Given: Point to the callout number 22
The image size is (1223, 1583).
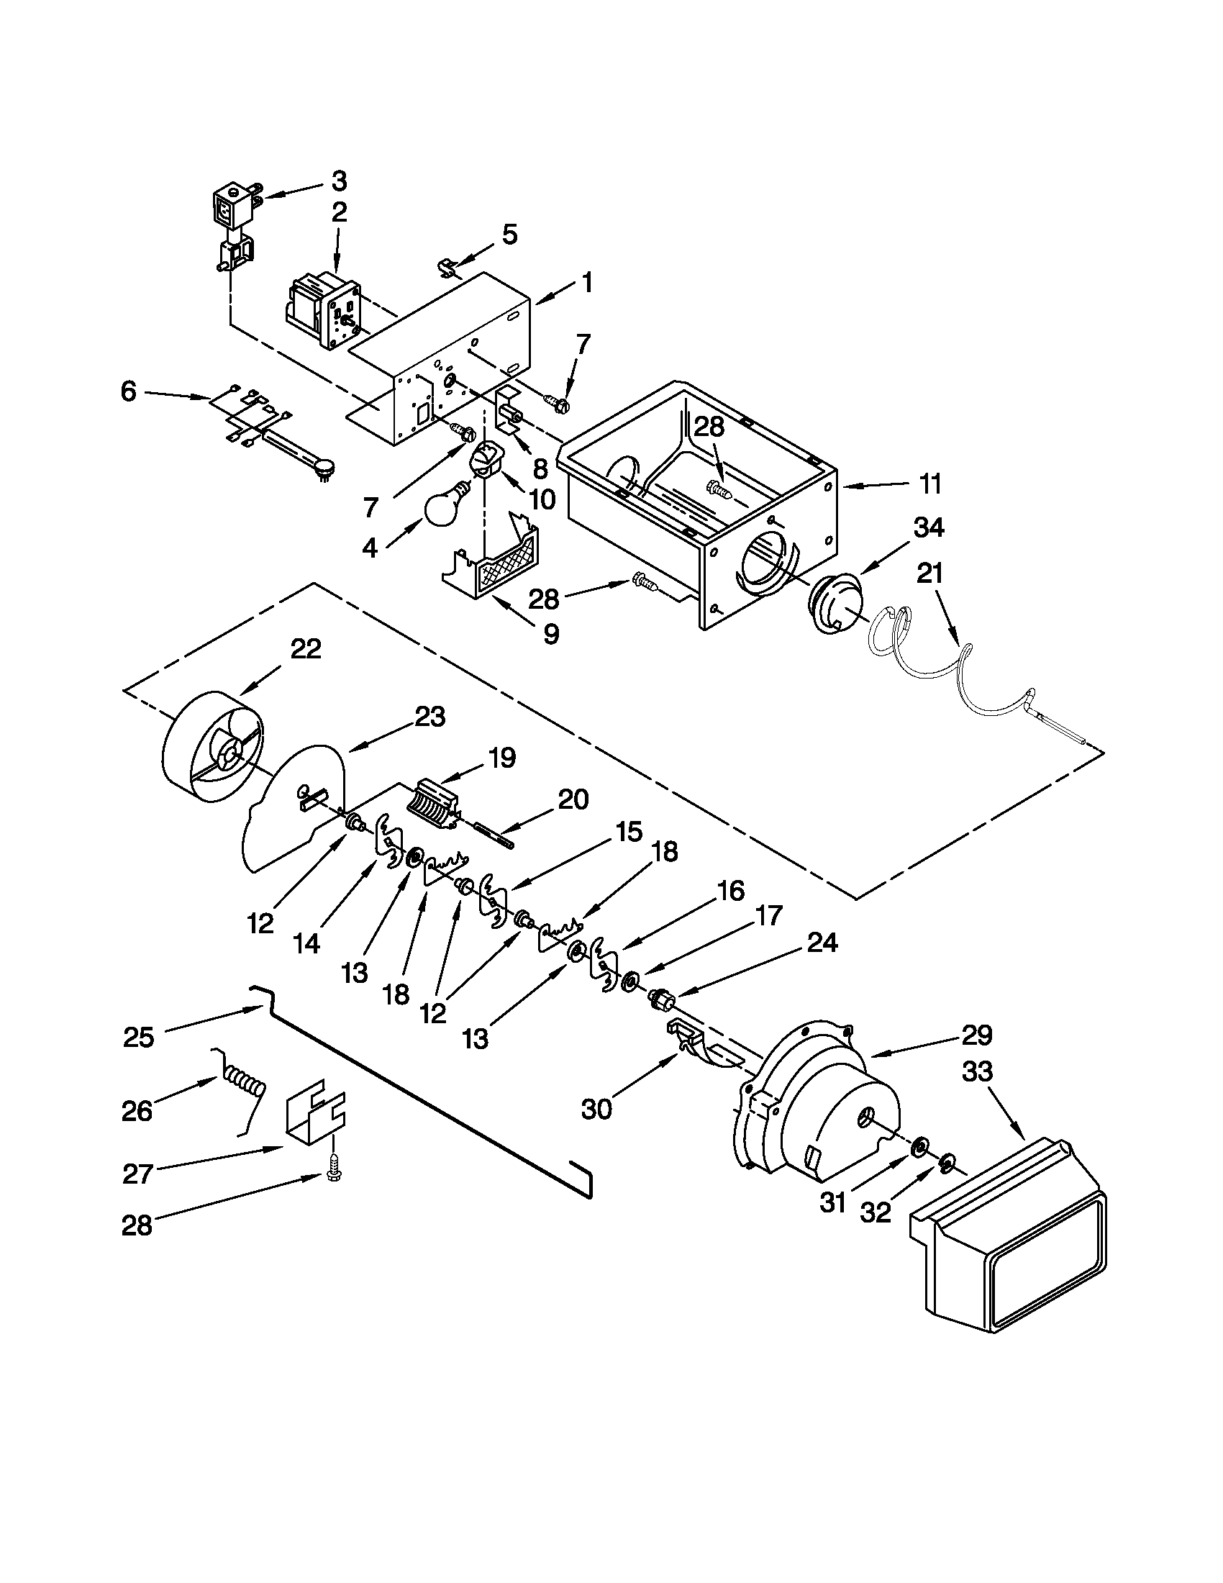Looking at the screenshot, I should tap(305, 649).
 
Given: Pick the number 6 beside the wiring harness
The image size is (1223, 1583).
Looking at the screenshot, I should tap(128, 392).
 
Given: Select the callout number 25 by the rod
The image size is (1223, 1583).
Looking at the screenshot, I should tap(138, 1037).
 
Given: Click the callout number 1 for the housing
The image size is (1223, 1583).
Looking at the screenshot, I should tap(587, 283).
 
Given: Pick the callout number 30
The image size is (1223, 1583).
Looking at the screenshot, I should tap(596, 1109).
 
